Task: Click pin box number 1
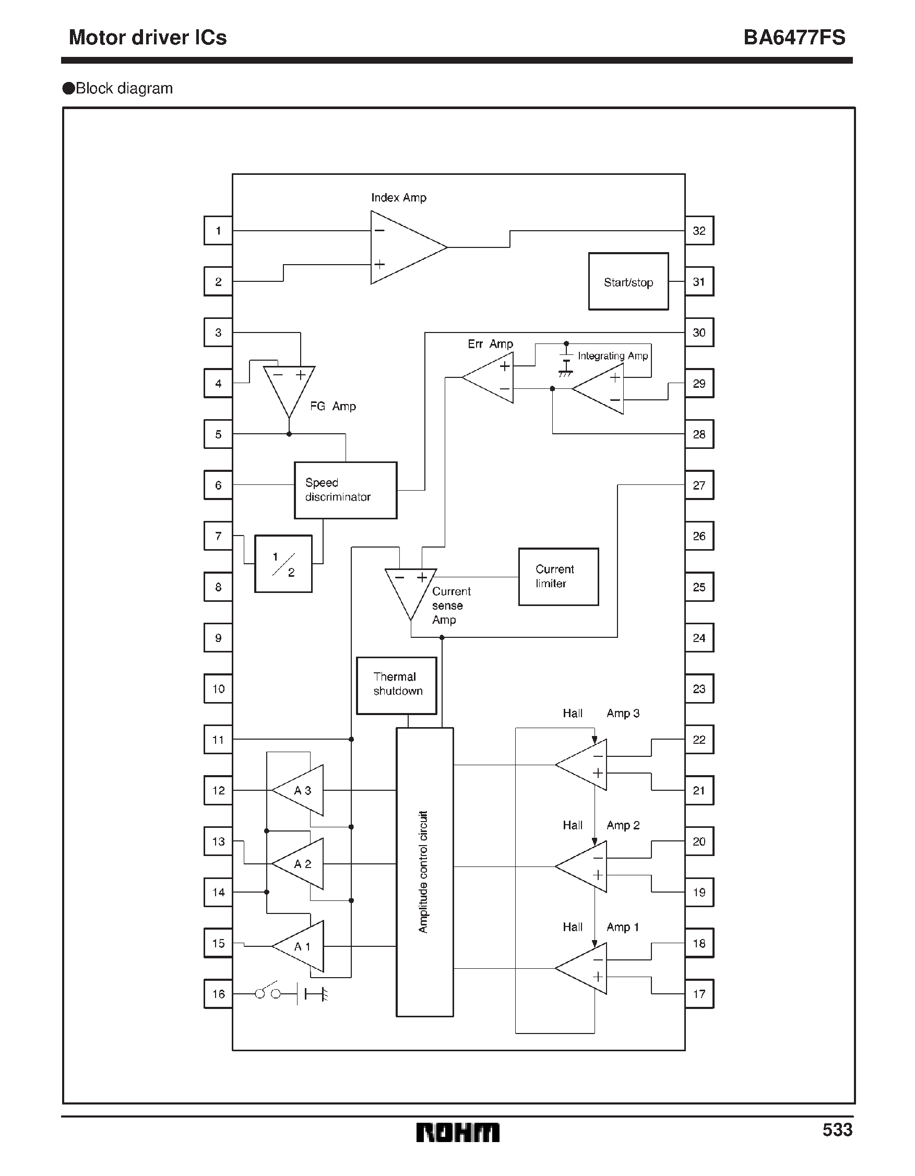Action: pyautogui.click(x=218, y=231)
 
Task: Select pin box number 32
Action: pyautogui.click(x=699, y=231)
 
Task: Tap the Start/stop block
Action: pyautogui.click(x=628, y=282)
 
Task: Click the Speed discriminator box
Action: pyautogui.click(x=345, y=490)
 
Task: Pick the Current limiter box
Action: pyautogui.click(x=558, y=577)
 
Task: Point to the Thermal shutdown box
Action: pyautogui.click(x=396, y=685)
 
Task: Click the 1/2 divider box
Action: pyautogui.click(x=283, y=564)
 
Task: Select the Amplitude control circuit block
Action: pyautogui.click(x=424, y=872)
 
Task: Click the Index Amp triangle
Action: pyautogui.click(x=404, y=248)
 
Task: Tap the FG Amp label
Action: pyautogui.click(x=333, y=407)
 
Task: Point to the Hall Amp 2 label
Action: pyautogui.click(x=601, y=825)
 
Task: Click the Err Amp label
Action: pyautogui.click(x=490, y=344)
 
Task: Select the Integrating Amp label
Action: pyautogui.click(x=612, y=356)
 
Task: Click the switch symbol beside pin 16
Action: pyautogui.click(x=268, y=993)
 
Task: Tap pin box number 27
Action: pyautogui.click(x=699, y=485)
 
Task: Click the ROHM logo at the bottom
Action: pyautogui.click(x=457, y=1132)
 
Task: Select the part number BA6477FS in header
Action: pyautogui.click(x=794, y=38)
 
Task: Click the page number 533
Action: pyautogui.click(x=837, y=1130)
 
